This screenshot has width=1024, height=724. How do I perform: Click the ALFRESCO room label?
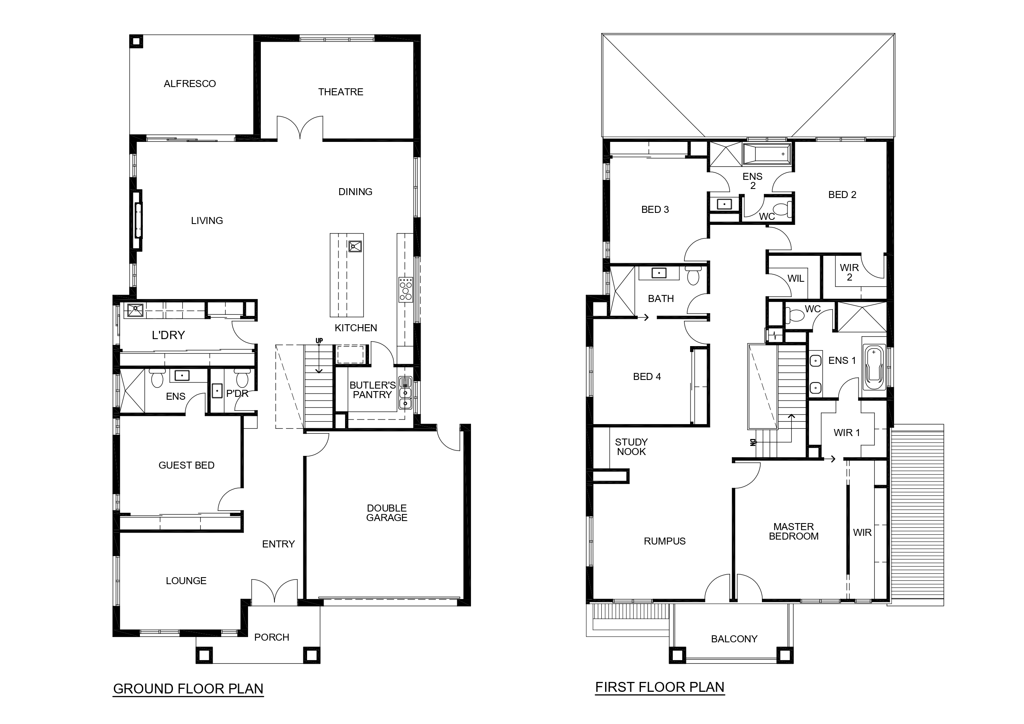pos(189,84)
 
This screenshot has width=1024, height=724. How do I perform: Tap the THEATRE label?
pos(341,92)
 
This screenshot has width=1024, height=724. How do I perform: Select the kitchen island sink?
pos(355,247)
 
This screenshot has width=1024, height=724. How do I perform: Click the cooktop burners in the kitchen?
pos(406,289)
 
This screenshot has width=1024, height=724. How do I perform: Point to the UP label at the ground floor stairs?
pos(319,341)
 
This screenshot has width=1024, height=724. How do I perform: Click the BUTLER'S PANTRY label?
pos(372,390)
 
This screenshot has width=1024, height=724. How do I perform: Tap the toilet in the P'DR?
pos(242,379)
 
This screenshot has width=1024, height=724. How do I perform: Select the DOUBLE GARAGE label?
pos(387,513)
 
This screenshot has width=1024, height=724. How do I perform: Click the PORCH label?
pos(272,637)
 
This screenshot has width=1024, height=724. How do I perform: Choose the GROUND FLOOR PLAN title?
pos(188,689)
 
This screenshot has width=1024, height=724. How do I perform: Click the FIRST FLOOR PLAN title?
pos(660,687)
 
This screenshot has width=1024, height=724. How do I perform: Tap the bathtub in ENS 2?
pos(766,154)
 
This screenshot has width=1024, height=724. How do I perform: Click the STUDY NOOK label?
pos(631,447)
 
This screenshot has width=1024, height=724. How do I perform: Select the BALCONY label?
pos(734,639)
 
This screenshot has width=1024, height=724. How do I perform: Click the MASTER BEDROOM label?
pos(793,531)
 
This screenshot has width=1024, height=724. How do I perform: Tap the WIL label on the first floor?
pos(796,278)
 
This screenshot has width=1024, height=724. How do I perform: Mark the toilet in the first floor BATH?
pos(693,275)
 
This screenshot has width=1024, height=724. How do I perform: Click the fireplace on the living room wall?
pos(138,221)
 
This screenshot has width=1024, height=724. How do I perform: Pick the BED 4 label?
pos(647,377)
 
